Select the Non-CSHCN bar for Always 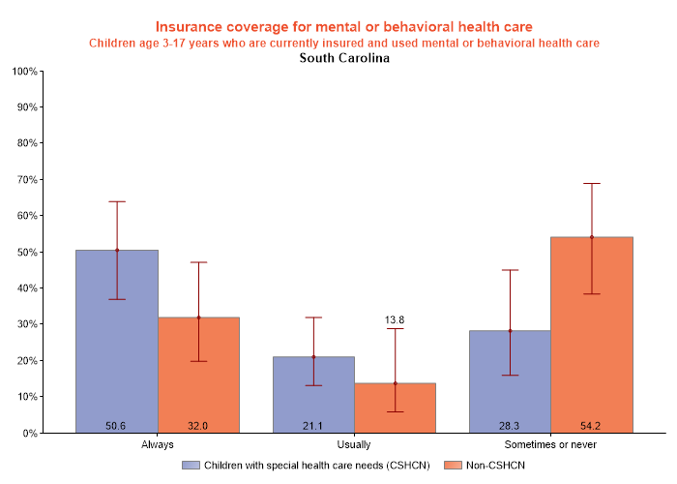point(198,375)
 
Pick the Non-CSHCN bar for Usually point(395,408)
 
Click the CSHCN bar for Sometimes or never point(510,381)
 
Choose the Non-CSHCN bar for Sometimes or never point(591,334)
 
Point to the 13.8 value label point(395,319)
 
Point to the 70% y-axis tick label point(27,180)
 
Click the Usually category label point(354,445)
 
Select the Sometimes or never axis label point(550,445)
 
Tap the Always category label point(157,445)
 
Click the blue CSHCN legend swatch point(191,466)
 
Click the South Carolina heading point(344,58)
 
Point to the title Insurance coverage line point(343,26)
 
